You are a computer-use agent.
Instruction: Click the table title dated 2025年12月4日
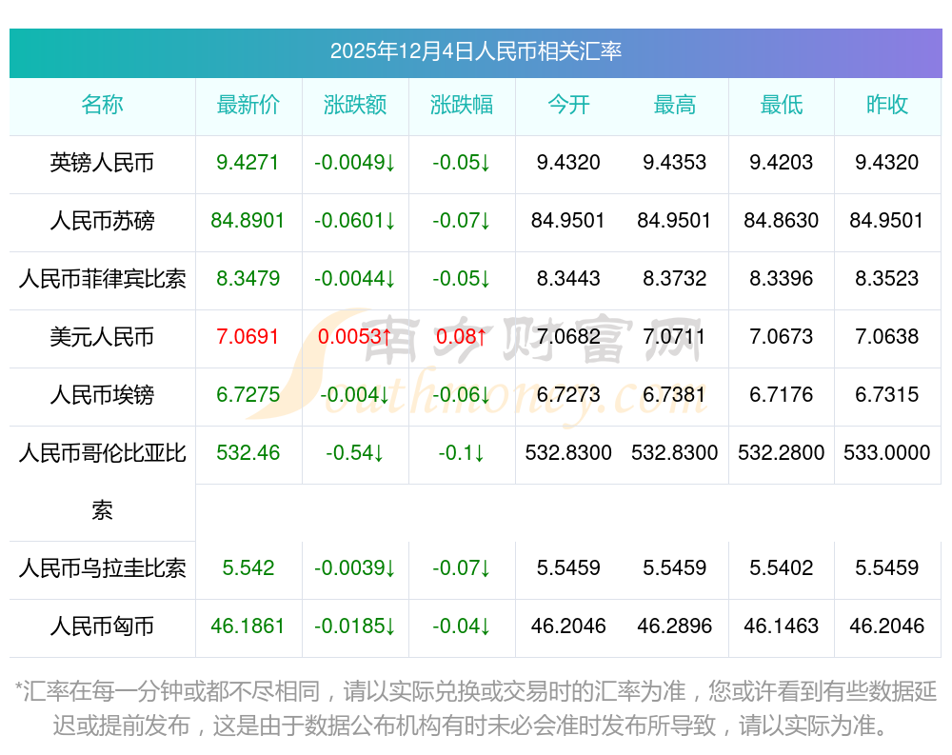pyautogui.click(x=475, y=51)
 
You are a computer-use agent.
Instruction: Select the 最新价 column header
pyautogui.click(x=248, y=105)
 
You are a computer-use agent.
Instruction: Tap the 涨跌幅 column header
pyautogui.click(x=462, y=105)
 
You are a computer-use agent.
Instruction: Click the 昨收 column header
pyautogui.click(x=887, y=105)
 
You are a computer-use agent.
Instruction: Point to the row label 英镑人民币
pyautogui.click(x=102, y=163)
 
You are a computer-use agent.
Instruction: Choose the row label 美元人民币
pyautogui.click(x=102, y=337)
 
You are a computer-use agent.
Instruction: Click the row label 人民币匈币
pyautogui.click(x=102, y=626)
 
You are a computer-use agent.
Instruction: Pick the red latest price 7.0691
pyautogui.click(x=248, y=337)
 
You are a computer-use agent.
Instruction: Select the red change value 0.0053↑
pyautogui.click(x=355, y=337)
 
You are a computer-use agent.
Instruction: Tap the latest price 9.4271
pyautogui.click(x=248, y=163)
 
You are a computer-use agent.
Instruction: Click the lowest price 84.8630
pyautogui.click(x=781, y=221)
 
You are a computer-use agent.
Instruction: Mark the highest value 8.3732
pyautogui.click(x=674, y=279)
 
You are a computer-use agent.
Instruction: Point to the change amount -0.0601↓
pyautogui.click(x=355, y=221)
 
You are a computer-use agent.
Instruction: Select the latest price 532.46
pyautogui.click(x=248, y=453)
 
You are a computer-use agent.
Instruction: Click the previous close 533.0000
pyautogui.click(x=887, y=453)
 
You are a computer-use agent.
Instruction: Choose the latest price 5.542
pyautogui.click(x=248, y=568)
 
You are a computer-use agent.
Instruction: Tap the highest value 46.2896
pyautogui.click(x=674, y=626)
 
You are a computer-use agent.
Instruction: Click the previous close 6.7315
pyautogui.click(x=887, y=395)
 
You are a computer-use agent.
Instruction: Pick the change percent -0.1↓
pyautogui.click(x=462, y=453)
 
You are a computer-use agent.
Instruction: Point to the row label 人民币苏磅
pyautogui.click(x=102, y=221)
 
